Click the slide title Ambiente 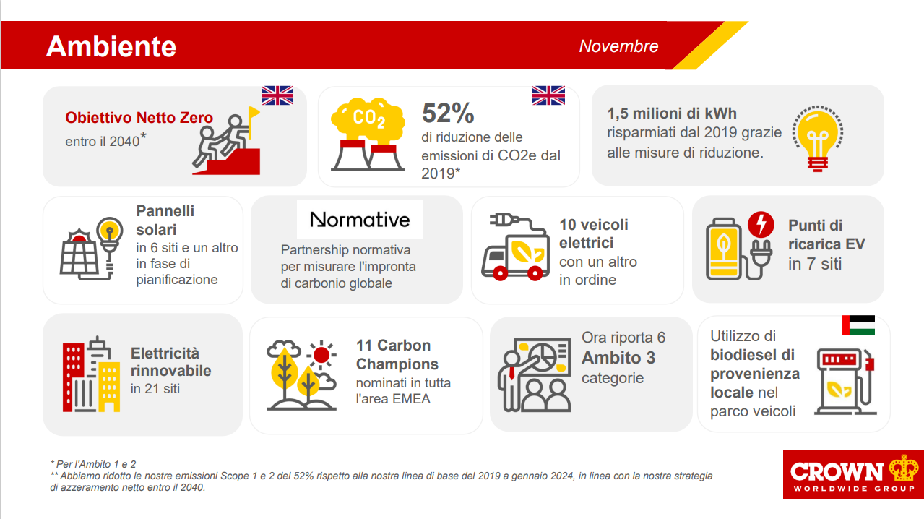(111, 46)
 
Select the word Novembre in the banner (618, 46)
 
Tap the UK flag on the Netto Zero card (277, 95)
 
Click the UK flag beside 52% (548, 95)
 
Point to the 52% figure (448, 113)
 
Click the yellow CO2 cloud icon (368, 119)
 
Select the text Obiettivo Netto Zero (139, 118)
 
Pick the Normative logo (360, 219)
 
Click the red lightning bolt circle (761, 224)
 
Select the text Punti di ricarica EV (826, 234)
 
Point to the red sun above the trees (321, 354)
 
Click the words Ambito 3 (618, 358)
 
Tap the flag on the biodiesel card (858, 325)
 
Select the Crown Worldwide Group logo (853, 474)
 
